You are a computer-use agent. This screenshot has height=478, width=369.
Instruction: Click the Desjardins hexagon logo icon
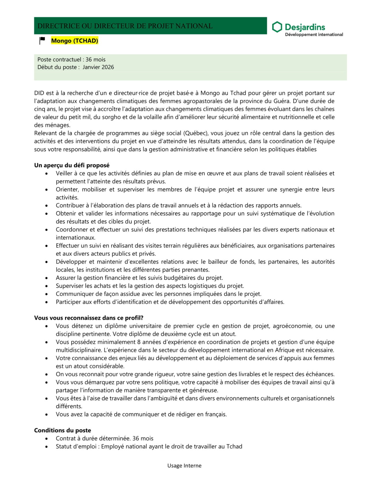277,27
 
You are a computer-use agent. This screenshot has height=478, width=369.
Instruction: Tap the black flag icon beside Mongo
42,40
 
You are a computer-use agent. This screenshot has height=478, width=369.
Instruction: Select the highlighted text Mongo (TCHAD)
75,41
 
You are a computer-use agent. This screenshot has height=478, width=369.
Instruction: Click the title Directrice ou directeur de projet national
125,26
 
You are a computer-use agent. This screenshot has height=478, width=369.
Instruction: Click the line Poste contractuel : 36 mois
71,59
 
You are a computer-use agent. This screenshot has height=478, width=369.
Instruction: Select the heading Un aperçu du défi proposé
72,165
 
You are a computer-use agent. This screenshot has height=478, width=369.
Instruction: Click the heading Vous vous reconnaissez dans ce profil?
89,318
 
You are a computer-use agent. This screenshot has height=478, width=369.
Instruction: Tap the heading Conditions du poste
63,430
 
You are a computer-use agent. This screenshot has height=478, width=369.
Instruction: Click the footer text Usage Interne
184,465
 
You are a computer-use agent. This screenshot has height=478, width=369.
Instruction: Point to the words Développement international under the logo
314,35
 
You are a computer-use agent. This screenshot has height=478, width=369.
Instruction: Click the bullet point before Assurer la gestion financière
46,278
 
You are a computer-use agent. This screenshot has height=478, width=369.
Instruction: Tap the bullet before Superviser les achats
46,286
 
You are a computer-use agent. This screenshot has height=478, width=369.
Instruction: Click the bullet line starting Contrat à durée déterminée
104,438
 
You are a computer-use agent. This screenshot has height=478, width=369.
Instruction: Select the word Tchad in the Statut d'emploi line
234,446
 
